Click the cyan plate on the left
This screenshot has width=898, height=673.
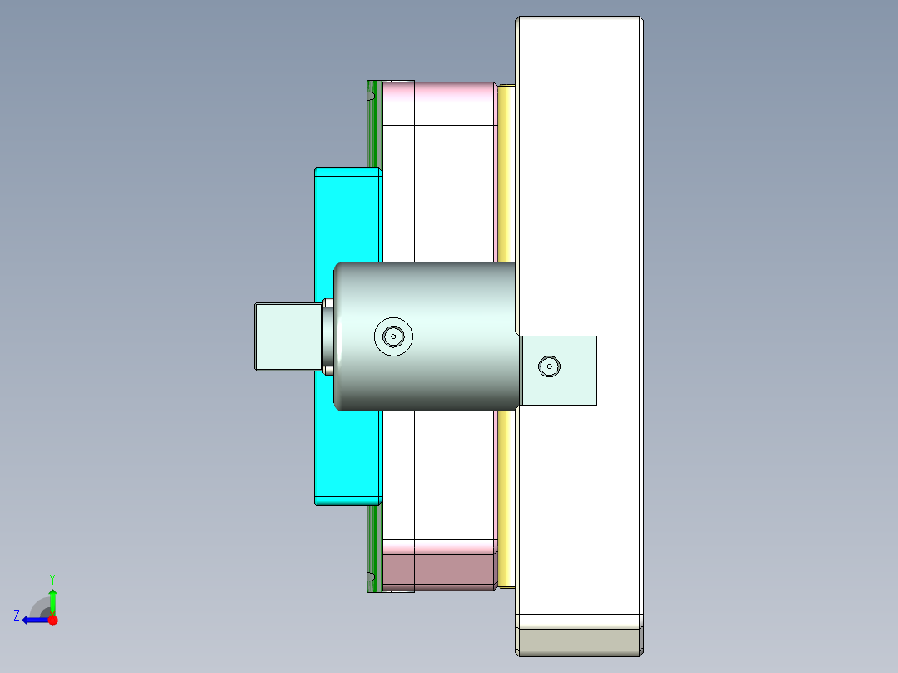[x=346, y=217]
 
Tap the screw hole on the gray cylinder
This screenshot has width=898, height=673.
[x=393, y=336]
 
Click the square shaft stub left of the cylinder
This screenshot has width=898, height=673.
[x=287, y=336]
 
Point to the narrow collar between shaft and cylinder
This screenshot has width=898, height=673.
[x=328, y=336]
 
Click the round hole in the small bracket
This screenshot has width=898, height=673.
[x=549, y=366]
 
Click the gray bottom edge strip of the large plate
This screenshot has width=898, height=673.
[x=579, y=640]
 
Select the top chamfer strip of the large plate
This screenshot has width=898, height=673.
[x=579, y=27]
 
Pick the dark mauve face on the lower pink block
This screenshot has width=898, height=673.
[x=439, y=573]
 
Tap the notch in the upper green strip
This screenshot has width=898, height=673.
[x=369, y=97]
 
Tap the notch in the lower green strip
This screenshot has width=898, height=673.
[x=369, y=576]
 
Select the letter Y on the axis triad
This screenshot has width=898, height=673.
[x=52, y=578]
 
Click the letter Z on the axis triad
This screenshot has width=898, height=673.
[x=17, y=616]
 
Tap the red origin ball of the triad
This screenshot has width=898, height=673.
[x=52, y=620]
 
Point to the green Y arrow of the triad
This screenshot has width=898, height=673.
[x=52, y=600]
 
